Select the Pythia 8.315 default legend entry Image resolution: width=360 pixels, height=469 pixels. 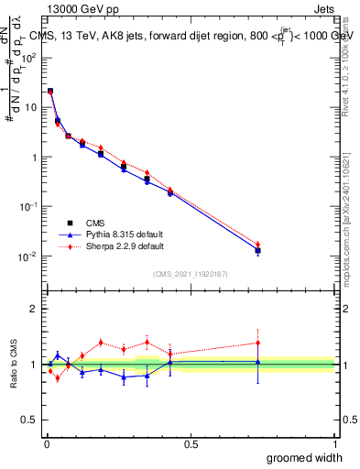pyautogui.click(x=110, y=234)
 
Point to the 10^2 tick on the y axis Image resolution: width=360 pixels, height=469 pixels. pyautogui.click(x=28, y=57)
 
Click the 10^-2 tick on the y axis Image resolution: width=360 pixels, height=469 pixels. pyautogui.click(x=28, y=256)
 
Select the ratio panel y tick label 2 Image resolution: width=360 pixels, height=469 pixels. pyautogui.click(x=35, y=309)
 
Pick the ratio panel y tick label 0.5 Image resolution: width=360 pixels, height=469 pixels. pyautogui.click(x=30, y=420)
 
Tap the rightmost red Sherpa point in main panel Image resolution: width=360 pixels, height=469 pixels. pyautogui.click(x=258, y=245)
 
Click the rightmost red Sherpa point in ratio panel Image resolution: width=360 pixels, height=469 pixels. pyautogui.click(x=258, y=343)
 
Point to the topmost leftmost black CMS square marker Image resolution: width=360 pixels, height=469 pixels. pyautogui.click(x=50, y=92)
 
